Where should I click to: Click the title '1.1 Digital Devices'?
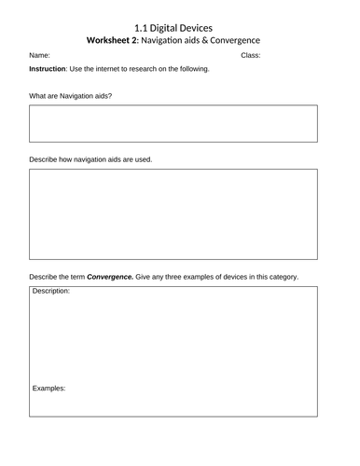click(180, 28)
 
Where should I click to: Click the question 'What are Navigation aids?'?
click(71, 96)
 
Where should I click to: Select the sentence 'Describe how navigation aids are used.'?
click(90, 158)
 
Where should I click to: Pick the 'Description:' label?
click(51, 291)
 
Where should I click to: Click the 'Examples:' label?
click(49, 388)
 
